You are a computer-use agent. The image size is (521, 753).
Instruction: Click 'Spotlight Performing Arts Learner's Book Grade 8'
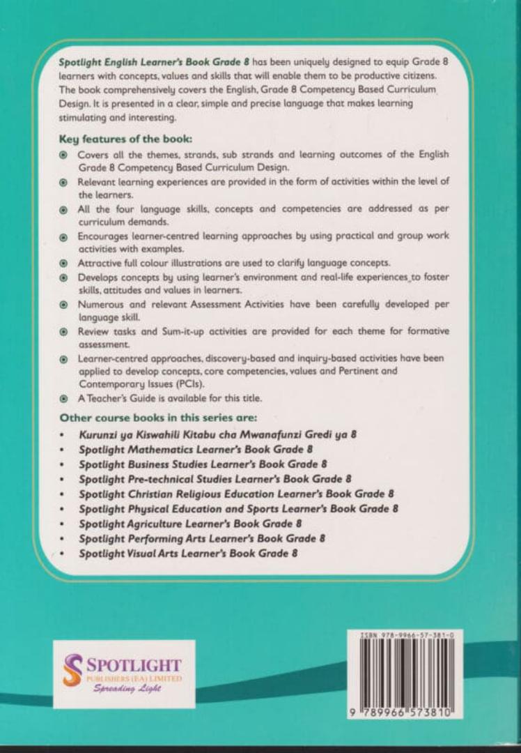[202, 539]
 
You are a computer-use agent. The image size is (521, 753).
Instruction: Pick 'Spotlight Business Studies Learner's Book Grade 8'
[203, 464]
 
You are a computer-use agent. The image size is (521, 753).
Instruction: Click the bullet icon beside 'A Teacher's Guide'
[63, 399]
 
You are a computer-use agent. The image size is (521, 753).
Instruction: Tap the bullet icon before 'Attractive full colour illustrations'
[63, 263]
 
